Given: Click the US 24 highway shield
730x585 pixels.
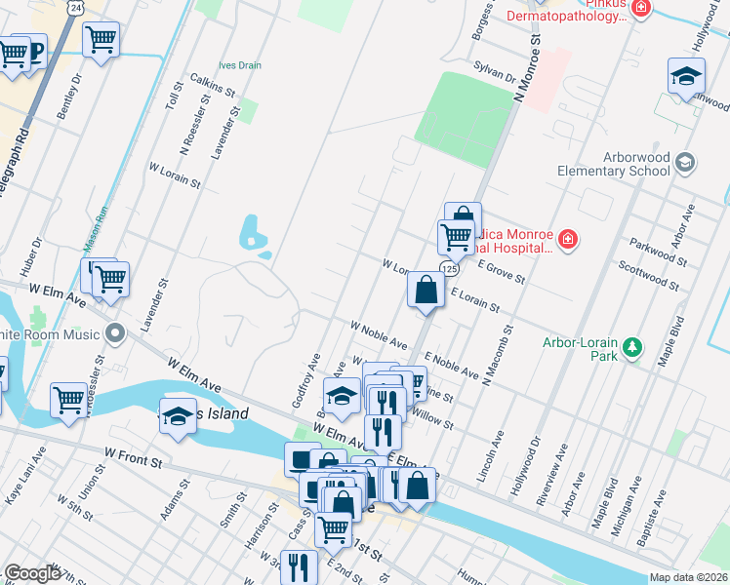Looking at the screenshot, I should [75, 7].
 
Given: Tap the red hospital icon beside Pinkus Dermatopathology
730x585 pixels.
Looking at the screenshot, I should [641, 9].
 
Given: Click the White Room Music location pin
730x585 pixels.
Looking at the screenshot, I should [116, 334].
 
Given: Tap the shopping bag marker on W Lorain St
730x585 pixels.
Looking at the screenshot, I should [426, 290].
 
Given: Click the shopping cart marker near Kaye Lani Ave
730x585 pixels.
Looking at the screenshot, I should [68, 399].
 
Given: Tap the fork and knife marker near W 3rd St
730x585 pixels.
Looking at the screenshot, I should [299, 566].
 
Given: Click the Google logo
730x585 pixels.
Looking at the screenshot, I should [32, 573].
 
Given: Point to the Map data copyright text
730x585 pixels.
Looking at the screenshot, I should [688, 577].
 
